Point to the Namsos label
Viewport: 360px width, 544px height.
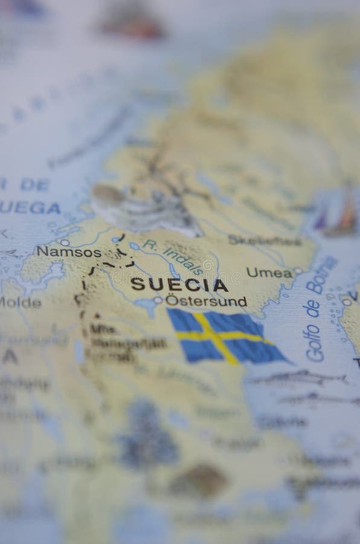[60, 251]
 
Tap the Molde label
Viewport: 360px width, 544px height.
[21, 303]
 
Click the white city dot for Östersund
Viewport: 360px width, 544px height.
[158, 300]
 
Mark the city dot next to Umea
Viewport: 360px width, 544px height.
[297, 271]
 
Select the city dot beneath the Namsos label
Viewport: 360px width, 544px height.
[65, 242]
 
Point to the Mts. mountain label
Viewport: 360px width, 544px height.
[102, 329]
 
